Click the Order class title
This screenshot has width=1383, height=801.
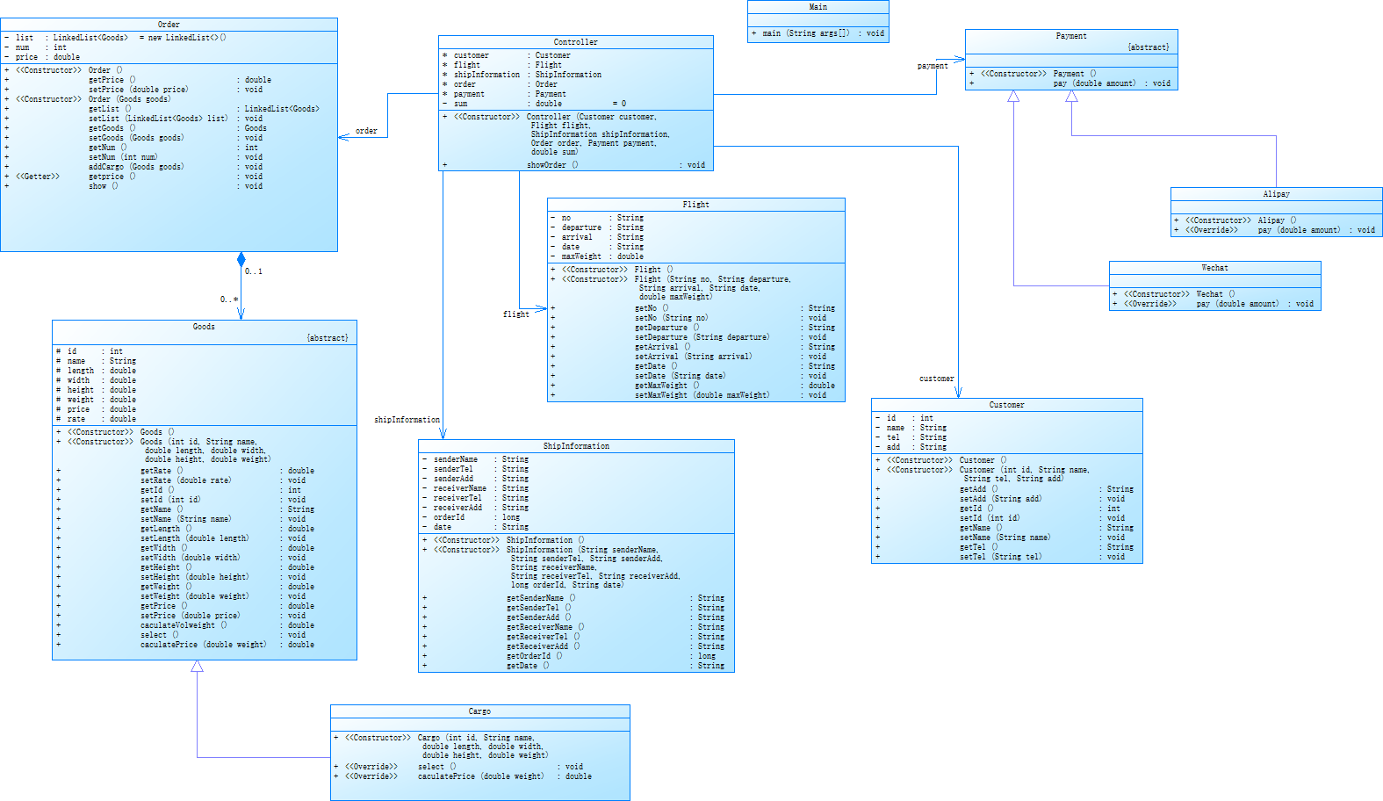point(169,25)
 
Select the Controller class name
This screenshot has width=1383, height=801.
point(575,42)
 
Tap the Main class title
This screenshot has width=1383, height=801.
point(818,7)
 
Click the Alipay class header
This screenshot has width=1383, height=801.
point(1276,194)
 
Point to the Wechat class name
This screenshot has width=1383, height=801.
point(1214,268)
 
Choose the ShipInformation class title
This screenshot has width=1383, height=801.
point(576,446)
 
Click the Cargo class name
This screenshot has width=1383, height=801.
point(479,711)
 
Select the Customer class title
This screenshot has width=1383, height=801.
point(1006,405)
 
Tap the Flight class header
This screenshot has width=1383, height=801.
point(695,205)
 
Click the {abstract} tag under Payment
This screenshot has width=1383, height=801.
point(1149,47)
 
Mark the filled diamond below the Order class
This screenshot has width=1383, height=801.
point(241,260)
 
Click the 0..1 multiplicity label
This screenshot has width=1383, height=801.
point(254,271)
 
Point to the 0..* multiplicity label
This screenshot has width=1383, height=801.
point(228,299)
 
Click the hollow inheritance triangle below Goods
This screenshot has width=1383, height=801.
point(198,667)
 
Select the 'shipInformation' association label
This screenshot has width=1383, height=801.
point(407,420)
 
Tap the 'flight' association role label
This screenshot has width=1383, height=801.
point(515,314)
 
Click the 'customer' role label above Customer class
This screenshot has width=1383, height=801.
point(936,379)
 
